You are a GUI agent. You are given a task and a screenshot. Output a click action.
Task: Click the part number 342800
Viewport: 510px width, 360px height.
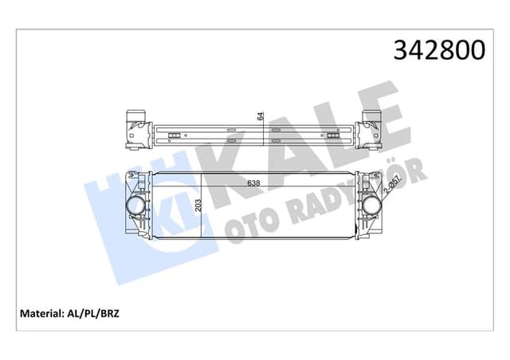pos(437,50)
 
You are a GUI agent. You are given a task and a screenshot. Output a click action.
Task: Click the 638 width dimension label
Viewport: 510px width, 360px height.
pos(253,182)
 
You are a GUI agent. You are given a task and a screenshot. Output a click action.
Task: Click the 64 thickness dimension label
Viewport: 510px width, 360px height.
pos(260,115)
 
